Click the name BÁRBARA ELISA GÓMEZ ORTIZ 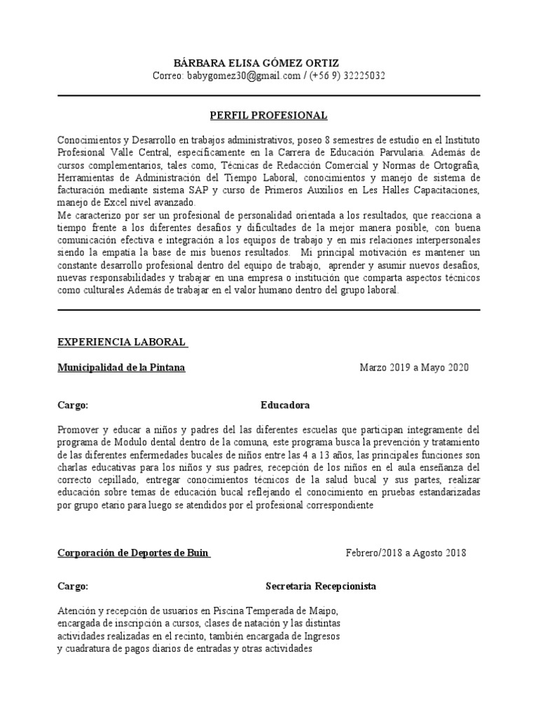coord(269,63)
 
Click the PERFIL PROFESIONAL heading coord(269,115)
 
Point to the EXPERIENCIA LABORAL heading coord(121,342)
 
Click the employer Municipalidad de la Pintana coord(121,367)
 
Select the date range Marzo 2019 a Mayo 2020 coord(414,367)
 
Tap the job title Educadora coord(285,405)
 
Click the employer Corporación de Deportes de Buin coord(133,552)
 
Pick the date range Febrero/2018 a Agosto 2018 coord(406,552)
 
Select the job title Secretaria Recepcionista coord(321,586)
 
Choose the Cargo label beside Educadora coord(72,405)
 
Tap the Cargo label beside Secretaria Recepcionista coord(72,586)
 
